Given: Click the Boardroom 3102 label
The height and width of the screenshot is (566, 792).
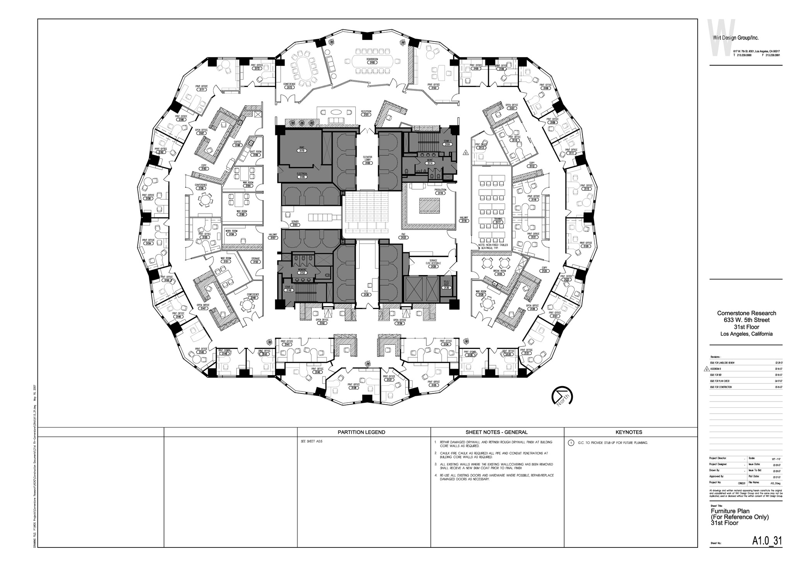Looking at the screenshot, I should [x=372, y=61].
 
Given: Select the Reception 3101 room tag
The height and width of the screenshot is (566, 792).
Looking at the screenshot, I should [x=366, y=113].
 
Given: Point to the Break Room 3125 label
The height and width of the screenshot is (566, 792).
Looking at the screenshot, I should [x=500, y=272].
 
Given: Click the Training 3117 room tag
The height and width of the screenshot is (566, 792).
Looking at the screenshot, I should [x=498, y=221].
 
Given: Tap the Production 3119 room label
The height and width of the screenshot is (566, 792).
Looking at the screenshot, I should [x=440, y=191].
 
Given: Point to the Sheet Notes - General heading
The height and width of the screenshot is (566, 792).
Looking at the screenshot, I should [x=497, y=432].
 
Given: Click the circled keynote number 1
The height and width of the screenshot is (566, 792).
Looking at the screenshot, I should [x=571, y=443].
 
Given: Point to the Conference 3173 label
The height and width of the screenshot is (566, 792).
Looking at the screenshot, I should [x=289, y=85].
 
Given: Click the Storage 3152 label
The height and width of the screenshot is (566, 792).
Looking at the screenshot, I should [x=255, y=260].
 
